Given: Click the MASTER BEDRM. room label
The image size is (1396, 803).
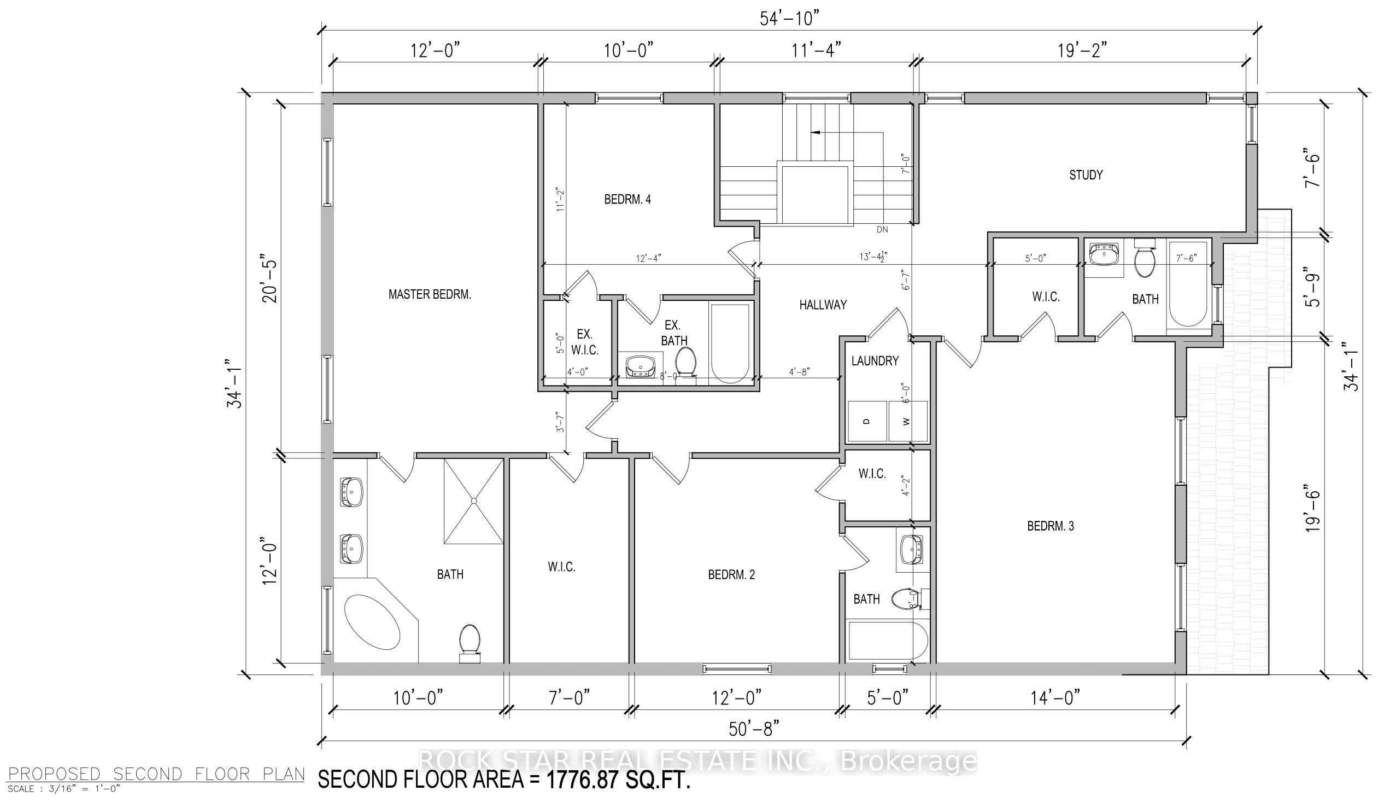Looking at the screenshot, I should pos(429,294).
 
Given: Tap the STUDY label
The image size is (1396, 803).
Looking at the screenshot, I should pos(1086,175).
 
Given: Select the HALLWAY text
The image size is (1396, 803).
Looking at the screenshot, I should pos(823,305).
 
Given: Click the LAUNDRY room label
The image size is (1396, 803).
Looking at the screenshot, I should pos(875,360).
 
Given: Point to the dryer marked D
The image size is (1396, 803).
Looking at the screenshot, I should pos(866,421).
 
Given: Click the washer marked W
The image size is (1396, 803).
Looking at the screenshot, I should pos(907,421).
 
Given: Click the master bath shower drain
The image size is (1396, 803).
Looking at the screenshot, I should pos(473,501).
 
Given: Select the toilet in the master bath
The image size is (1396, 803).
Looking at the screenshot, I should pos(470,642).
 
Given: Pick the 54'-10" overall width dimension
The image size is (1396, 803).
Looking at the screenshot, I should pos(790,19).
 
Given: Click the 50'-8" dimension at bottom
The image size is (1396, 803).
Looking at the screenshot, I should pos(754,729).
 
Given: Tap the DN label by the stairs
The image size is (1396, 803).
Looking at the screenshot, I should pos(882,229).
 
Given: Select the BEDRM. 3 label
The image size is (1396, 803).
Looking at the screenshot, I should pos(1051,526).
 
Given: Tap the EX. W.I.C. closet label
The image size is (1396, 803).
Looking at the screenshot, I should pos(584,342).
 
